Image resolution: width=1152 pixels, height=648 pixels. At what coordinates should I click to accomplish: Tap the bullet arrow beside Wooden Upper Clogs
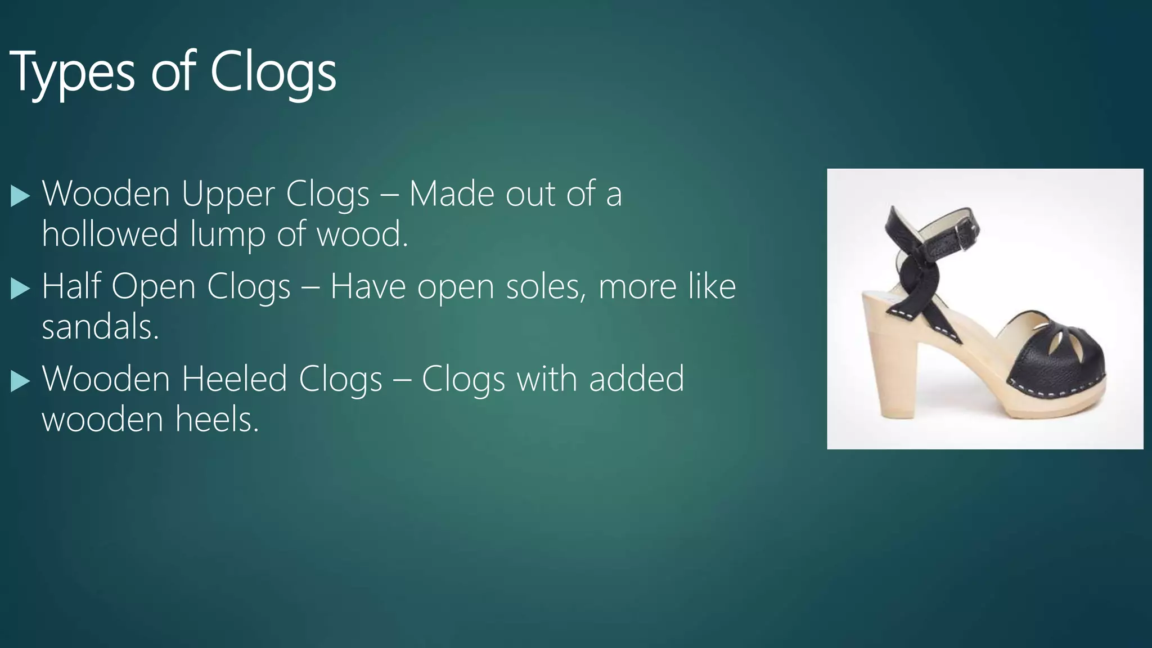[x=20, y=197]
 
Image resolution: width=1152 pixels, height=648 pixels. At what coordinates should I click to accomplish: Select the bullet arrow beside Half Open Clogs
[x=20, y=289]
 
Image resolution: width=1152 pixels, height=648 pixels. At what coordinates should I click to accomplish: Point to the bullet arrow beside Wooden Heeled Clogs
[x=20, y=381]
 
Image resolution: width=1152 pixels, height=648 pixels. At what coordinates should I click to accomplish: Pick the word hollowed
[x=110, y=233]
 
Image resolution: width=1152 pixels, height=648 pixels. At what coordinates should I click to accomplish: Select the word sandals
[x=100, y=327]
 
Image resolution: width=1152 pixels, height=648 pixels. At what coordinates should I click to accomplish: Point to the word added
[x=636, y=379]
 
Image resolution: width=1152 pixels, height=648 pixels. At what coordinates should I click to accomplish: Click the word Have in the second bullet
[x=368, y=287]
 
